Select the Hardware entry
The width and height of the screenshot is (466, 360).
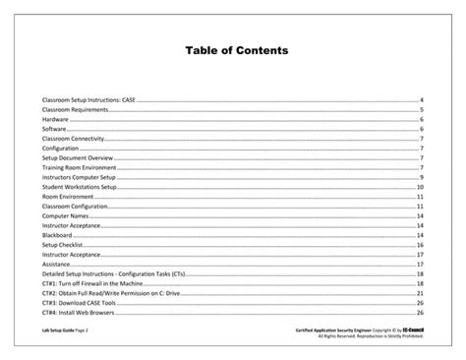point(55,119)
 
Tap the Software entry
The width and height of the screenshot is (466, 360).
point(55,129)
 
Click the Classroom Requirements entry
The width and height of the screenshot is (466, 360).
point(75,110)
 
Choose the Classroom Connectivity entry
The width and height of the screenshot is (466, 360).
point(75,139)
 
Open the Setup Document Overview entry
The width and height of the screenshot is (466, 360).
point(79,157)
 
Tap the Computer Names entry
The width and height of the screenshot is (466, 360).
point(63,215)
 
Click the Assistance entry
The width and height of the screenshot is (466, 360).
point(56,264)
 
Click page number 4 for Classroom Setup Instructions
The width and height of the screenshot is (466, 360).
point(421,100)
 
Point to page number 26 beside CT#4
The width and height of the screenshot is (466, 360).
point(420,312)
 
